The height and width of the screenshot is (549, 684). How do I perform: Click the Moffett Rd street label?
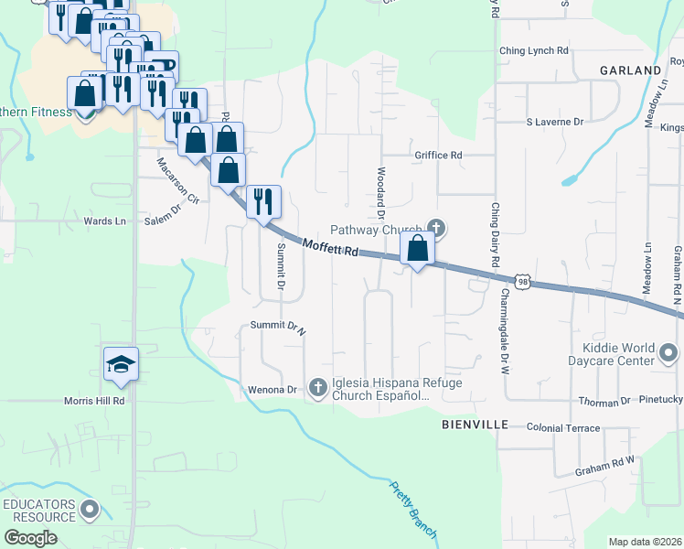pos(329,249)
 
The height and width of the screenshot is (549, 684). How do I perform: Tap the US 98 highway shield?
pos(522,283)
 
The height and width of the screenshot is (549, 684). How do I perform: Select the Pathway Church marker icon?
pos(436,228)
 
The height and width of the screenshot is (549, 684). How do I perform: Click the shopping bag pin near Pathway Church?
pos(417,248)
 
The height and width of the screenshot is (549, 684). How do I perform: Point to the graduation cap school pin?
pos(121,365)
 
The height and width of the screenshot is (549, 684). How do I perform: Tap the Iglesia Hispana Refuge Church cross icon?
pos(318,388)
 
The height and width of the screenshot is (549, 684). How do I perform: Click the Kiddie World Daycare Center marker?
pos(669,352)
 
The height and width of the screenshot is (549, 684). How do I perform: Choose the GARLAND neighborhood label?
pos(630,70)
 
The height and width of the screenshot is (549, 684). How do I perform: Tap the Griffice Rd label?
pos(438,156)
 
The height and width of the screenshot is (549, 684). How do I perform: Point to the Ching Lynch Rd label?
pos(534,50)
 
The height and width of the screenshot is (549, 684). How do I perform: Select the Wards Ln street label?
pos(104,221)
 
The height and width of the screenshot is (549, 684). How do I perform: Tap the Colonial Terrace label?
pos(562,427)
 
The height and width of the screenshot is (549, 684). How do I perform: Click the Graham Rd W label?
pos(604,471)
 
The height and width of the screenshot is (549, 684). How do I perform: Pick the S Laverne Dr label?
pos(554,122)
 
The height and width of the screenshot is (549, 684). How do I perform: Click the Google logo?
pos(30,537)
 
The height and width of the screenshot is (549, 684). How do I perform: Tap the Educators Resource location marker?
pos(90,509)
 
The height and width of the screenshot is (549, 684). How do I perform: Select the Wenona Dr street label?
pos(273,390)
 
